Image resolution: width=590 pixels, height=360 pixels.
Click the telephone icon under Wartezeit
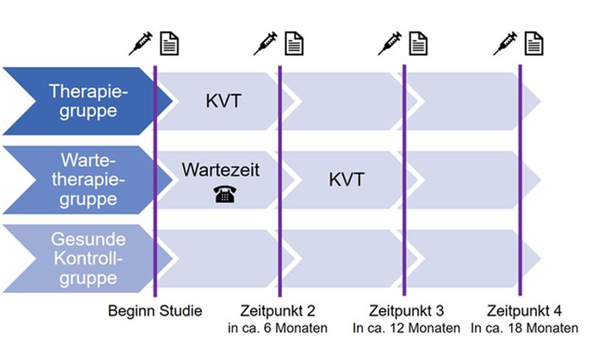point(225,194)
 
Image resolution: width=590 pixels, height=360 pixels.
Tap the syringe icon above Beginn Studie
point(140,44)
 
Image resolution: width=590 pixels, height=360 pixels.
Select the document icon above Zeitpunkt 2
point(294,44)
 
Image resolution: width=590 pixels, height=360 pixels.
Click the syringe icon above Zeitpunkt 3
point(389,44)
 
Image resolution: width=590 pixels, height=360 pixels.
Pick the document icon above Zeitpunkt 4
point(533,44)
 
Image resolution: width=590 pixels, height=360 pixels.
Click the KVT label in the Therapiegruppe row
point(223,101)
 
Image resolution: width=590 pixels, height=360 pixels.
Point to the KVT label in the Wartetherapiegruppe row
point(347,179)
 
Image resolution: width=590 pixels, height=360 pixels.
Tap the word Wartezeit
point(221,170)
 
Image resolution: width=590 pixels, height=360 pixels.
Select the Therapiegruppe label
point(88,101)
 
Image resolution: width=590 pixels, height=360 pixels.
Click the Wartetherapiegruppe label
point(88,179)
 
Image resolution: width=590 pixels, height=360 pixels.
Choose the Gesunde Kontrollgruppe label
point(88,259)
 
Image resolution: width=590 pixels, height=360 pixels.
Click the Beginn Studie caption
point(155,311)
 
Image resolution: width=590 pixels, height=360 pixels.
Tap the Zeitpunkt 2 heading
point(278,311)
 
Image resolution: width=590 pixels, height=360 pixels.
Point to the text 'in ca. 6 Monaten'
point(278,328)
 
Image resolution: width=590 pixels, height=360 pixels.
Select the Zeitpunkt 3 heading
point(406,311)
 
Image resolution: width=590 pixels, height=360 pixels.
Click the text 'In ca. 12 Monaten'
point(406,328)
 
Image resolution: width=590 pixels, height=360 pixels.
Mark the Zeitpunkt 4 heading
point(524,311)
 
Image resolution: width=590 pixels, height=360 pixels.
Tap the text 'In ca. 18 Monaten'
point(524,328)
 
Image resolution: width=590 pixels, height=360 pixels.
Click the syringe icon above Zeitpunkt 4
point(505,44)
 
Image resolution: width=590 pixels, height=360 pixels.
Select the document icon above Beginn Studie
point(170,44)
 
